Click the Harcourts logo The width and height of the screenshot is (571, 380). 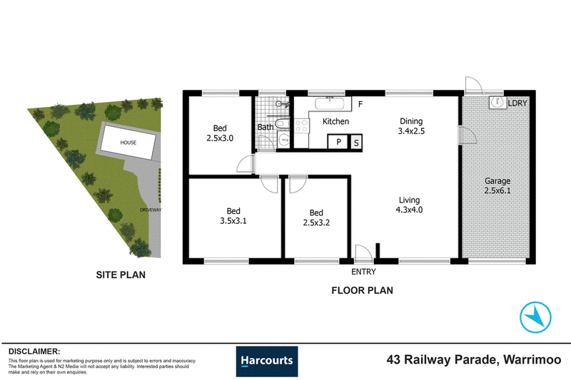(266, 361)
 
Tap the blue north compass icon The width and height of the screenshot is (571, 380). (535, 317)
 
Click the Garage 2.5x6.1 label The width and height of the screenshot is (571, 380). (497, 185)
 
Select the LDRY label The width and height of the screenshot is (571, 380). (517, 103)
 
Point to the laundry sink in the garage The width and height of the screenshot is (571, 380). (497, 102)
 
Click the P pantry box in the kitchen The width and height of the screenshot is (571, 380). (338, 142)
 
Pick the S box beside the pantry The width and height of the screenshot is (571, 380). (356, 143)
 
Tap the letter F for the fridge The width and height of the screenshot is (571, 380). (360, 104)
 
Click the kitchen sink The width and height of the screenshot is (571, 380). (329, 103)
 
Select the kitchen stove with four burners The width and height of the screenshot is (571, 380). (301, 125)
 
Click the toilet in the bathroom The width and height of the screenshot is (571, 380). (282, 123)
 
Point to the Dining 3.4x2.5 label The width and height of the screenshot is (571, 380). (411, 126)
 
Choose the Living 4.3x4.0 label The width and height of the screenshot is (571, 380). (409, 205)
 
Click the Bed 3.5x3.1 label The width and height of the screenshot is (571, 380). (233, 216)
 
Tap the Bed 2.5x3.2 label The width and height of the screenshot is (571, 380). (316, 217)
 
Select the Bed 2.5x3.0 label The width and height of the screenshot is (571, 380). (220, 133)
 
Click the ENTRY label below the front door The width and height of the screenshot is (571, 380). (363, 272)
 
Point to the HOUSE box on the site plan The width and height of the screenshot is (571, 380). (128, 143)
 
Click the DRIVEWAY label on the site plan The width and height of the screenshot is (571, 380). (151, 210)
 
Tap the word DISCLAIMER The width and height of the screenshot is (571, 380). (34, 351)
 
